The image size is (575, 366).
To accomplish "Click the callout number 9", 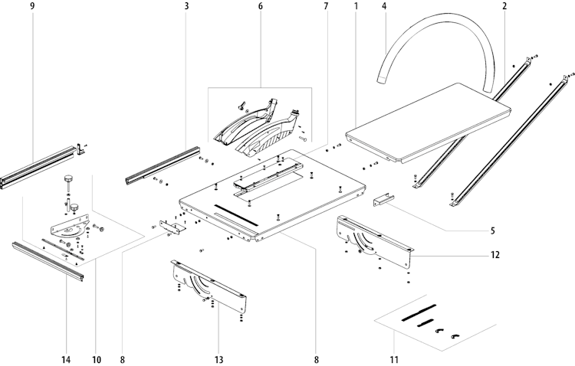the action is point(33,6).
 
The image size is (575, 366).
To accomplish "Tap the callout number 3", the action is point(186,6).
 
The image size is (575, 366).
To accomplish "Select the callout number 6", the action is point(261,6).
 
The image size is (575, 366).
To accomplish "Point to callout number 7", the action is point(326,6).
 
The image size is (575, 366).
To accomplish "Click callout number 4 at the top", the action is point(384,6).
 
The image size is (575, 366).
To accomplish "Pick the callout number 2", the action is point(504,6).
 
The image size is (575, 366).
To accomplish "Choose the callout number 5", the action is point(492,230).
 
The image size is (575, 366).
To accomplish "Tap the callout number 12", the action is point(495,255).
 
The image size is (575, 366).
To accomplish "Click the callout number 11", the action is point(394,360).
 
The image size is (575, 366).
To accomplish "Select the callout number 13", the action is point(219,360).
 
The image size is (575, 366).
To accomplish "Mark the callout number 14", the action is point(67,360).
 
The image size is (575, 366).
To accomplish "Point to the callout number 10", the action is point(96,360).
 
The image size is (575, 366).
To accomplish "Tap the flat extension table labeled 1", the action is point(428,123).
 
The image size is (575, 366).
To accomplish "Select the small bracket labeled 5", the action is point(383,200).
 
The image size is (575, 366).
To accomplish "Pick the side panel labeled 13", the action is point(209,286).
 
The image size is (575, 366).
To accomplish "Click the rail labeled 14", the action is point(48,261).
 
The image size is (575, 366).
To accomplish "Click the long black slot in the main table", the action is point(236,215).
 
